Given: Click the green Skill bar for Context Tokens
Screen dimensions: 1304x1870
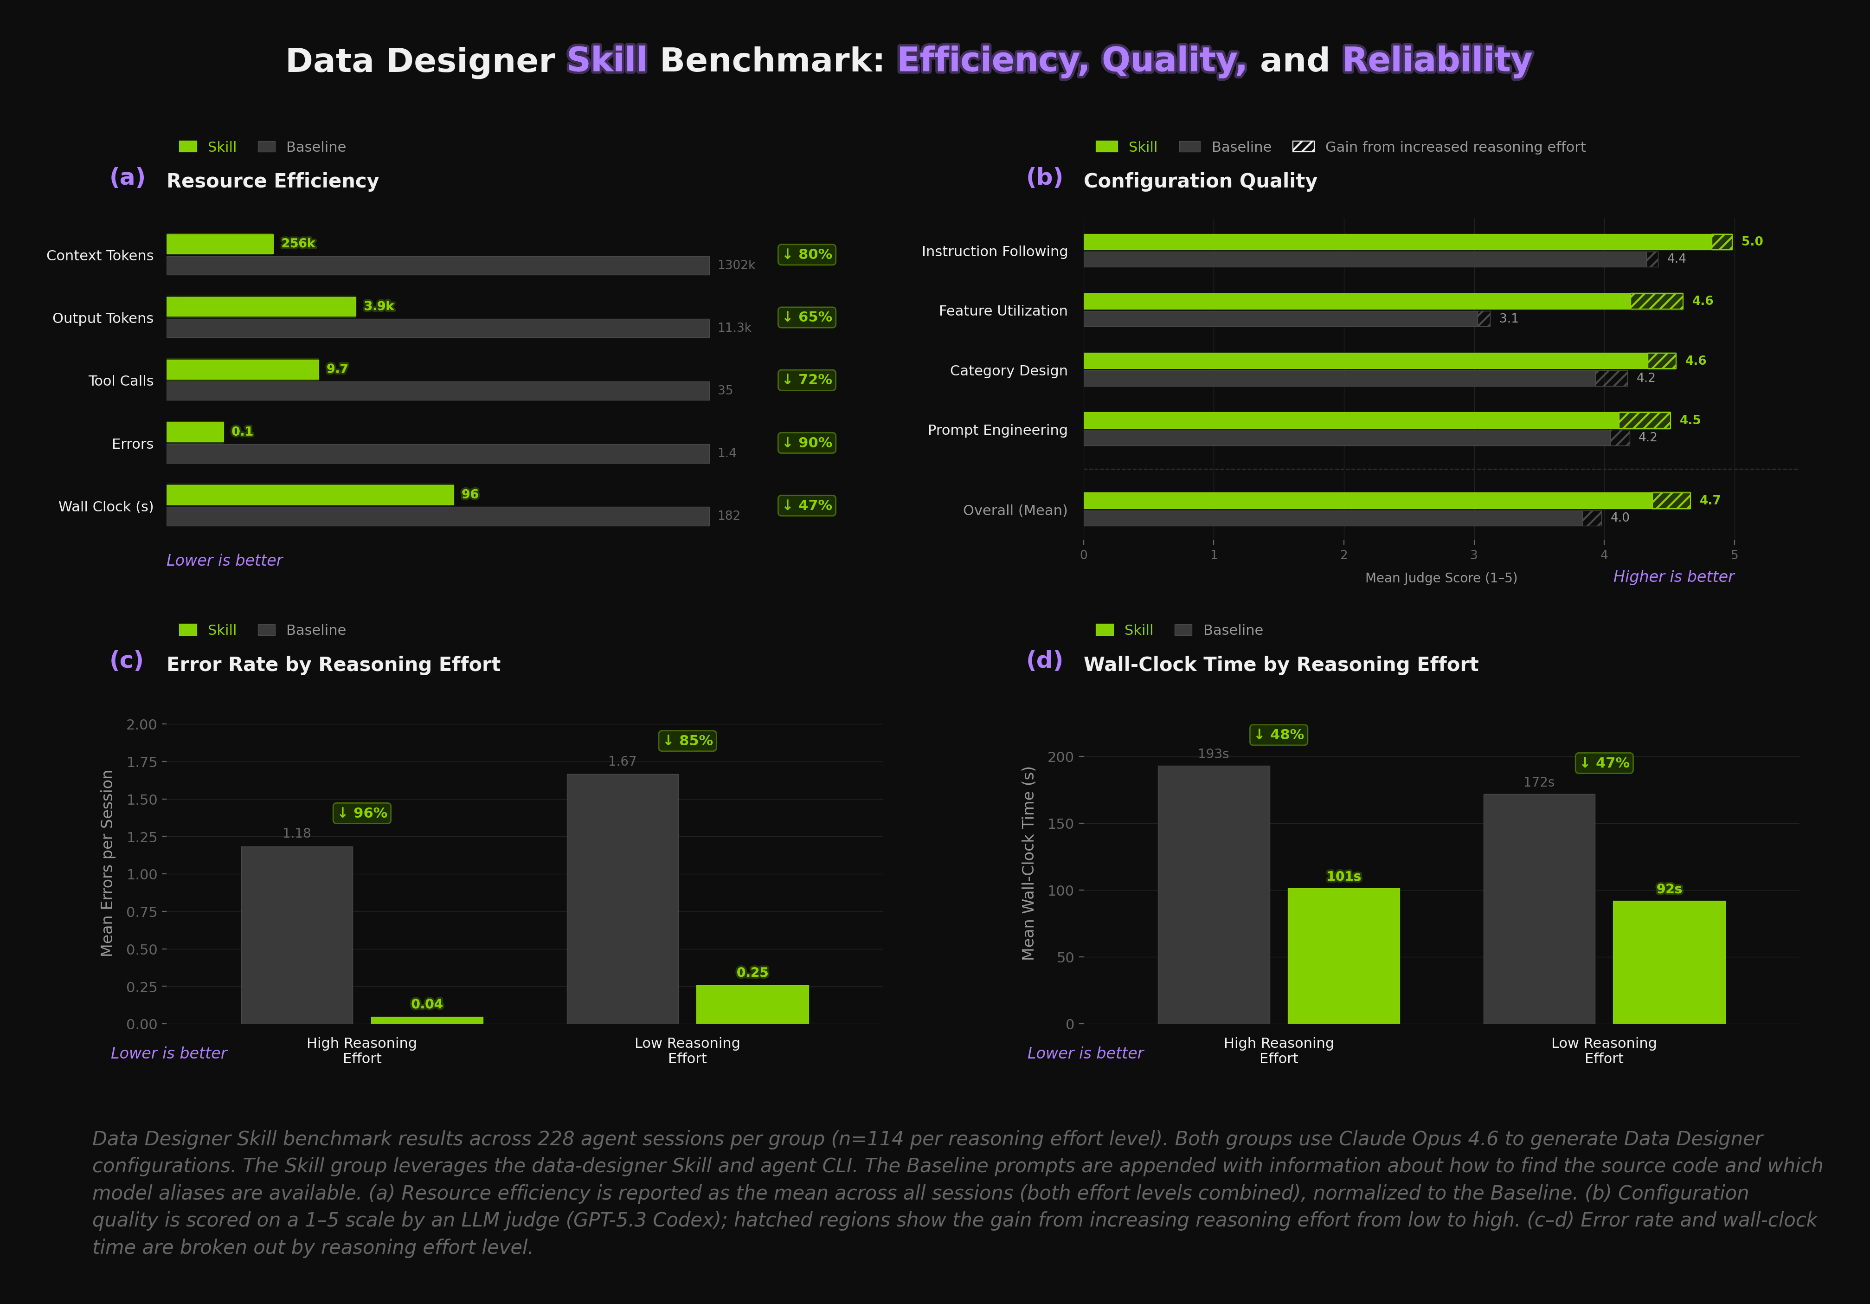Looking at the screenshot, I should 220,244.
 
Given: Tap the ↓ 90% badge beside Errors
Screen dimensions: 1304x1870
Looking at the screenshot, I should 806,442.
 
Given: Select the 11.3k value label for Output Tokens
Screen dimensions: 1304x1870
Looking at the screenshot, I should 734,328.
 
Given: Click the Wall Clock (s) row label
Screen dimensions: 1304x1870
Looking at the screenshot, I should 106,507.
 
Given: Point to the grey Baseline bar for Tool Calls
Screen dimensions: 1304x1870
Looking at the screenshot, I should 437,391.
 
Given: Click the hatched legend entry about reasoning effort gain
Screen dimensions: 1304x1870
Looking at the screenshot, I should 1438,147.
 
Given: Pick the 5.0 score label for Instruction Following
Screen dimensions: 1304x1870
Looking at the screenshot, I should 1751,241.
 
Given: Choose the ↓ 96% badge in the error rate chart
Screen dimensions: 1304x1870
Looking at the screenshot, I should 362,813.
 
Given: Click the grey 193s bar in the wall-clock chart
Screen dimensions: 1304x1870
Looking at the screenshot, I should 1213,894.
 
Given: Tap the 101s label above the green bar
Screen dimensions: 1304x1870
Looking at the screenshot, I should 1343,877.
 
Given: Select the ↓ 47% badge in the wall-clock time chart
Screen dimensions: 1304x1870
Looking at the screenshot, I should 1604,763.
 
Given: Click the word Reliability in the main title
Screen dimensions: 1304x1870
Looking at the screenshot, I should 1437,60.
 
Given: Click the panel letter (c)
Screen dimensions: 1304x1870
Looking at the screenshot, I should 126,660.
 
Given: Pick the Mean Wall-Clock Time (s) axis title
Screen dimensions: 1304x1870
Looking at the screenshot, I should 1028,863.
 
